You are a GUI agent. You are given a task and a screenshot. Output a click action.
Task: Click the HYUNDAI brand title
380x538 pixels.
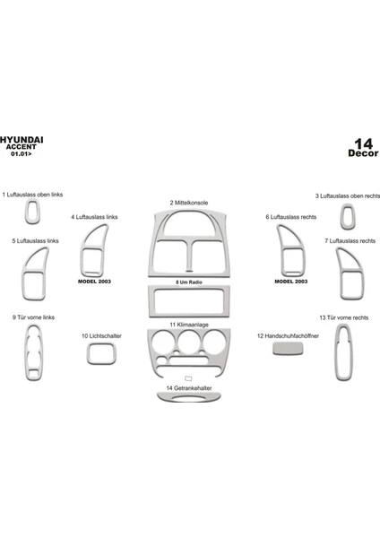tap(22, 140)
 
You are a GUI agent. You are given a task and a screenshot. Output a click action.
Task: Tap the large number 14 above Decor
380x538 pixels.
tap(363, 143)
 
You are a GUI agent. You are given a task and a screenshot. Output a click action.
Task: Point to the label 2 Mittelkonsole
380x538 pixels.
tap(188, 203)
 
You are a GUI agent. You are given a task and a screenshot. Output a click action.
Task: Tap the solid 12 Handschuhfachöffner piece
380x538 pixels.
tap(288, 349)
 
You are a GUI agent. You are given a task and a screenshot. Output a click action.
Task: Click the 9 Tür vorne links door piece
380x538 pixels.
tap(26, 352)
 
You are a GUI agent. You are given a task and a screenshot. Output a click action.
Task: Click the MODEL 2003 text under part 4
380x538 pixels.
tap(94, 282)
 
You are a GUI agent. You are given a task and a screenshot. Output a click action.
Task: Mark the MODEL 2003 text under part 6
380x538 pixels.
tap(291, 282)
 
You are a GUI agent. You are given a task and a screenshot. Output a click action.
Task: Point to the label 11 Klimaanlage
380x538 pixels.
tap(189, 325)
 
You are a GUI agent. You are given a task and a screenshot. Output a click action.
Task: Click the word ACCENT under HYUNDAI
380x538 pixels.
tap(21, 147)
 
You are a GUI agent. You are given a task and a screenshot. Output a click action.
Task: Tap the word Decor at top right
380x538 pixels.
tap(363, 153)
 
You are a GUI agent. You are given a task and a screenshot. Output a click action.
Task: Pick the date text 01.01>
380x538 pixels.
tap(22, 153)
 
